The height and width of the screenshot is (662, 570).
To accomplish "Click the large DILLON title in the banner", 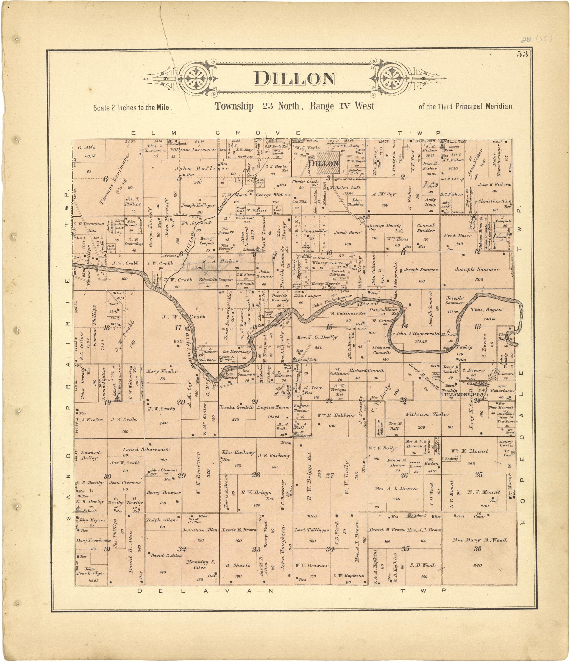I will [294, 79].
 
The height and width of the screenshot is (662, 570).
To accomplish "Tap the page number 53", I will [523, 54].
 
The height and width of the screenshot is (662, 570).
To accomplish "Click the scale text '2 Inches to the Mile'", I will [132, 108].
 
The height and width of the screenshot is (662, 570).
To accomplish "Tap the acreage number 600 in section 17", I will [178, 341].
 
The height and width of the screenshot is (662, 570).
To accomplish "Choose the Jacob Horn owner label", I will [347, 232].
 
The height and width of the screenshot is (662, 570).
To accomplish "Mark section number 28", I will [256, 475].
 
